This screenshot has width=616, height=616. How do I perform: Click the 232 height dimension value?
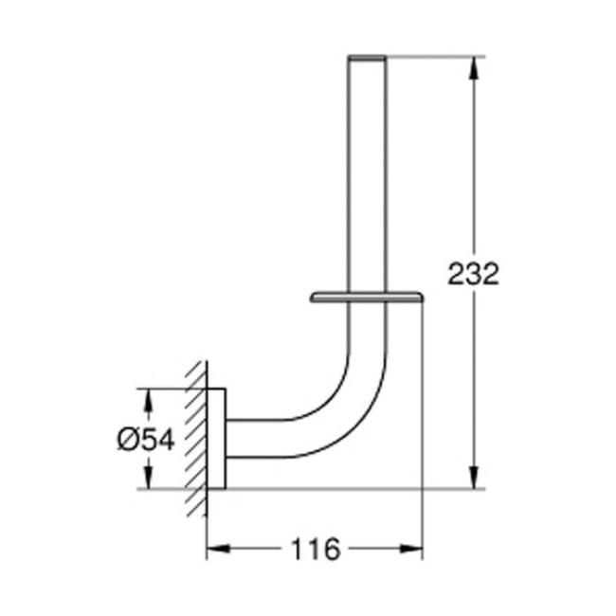[x=473, y=275]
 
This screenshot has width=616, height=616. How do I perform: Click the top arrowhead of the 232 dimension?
[x=473, y=64]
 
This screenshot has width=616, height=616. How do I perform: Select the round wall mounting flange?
[x=216, y=439]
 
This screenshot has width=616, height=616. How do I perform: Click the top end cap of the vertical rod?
[x=369, y=59]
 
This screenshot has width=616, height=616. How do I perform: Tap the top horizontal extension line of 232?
[x=436, y=56]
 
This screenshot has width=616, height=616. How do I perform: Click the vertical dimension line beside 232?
[x=473, y=379]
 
